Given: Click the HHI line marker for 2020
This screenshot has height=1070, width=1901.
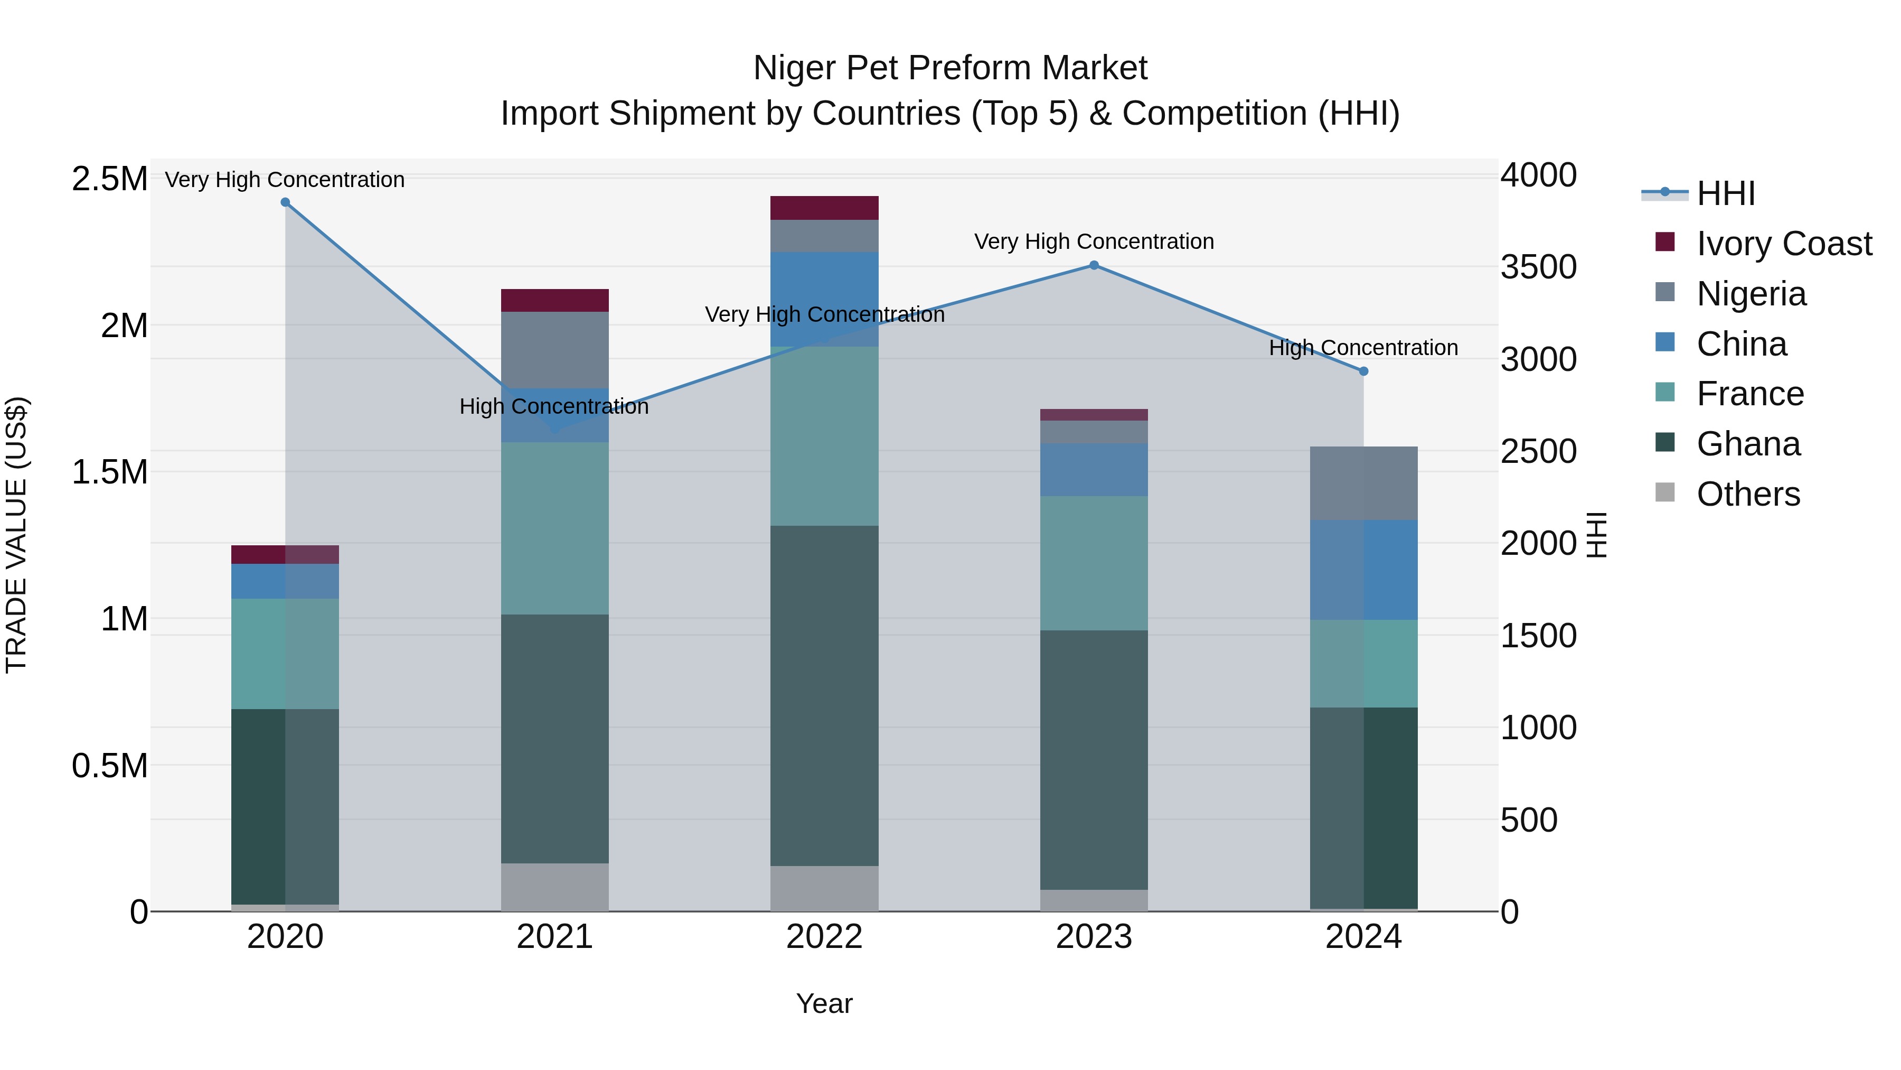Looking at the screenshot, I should click(286, 202).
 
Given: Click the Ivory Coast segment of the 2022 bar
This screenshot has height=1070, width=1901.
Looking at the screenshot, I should click(824, 208).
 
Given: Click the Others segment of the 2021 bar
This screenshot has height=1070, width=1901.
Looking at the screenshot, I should click(555, 886).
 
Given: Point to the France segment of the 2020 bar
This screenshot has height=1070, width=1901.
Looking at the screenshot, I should click(286, 654).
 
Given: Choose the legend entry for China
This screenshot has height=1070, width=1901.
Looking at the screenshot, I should click(1741, 344).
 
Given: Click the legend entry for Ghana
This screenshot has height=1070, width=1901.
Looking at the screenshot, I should click(1747, 444).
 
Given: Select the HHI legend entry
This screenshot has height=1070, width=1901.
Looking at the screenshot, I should click(1725, 193).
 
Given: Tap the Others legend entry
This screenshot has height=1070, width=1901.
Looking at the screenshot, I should click(1747, 494).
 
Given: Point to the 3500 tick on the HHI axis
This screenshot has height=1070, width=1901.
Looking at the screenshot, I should click(1539, 267).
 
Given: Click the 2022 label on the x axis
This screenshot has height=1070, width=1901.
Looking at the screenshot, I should click(824, 936).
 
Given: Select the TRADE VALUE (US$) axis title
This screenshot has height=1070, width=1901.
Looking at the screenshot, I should click(16, 535).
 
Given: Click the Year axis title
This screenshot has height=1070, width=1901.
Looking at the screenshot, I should click(824, 1003).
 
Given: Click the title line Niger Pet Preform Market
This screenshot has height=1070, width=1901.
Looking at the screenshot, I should click(950, 68).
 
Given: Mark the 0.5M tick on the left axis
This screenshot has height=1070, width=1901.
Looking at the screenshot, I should click(109, 766).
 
